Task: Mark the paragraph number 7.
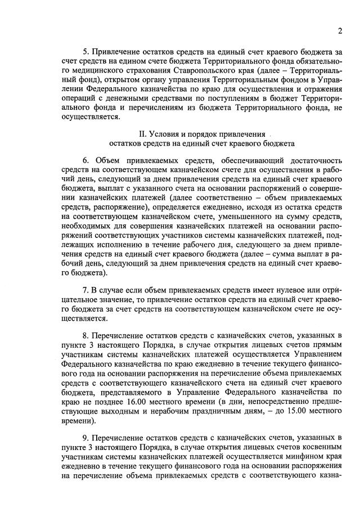(x=85, y=289)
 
